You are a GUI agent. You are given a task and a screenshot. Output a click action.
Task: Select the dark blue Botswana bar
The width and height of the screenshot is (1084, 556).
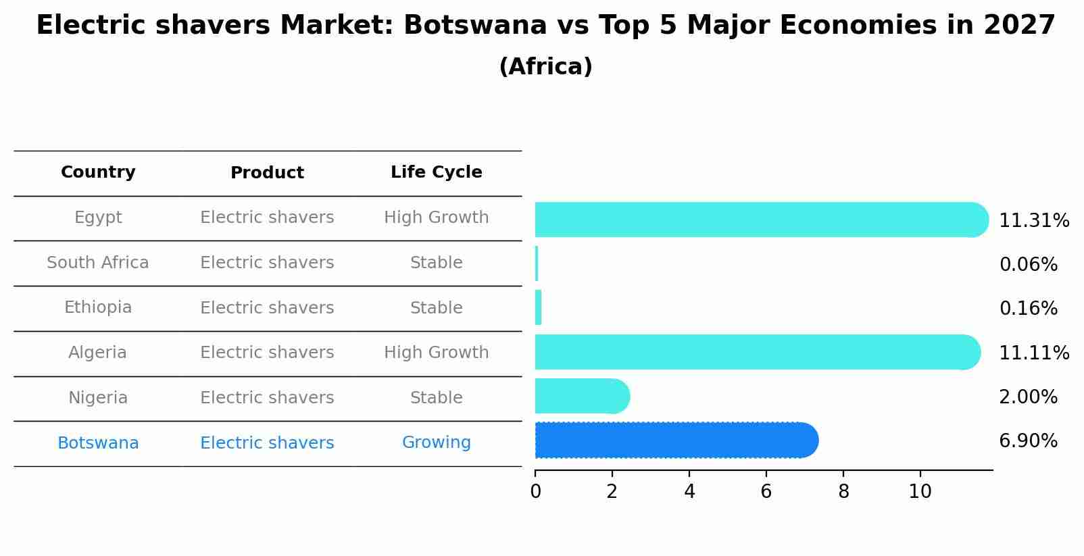676,440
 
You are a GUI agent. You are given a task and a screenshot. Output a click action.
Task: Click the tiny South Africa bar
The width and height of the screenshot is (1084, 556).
537,263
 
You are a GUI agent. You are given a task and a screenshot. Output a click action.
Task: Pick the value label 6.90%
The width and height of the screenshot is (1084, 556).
1028,441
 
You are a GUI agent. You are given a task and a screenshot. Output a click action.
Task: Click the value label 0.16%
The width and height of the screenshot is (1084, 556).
1028,309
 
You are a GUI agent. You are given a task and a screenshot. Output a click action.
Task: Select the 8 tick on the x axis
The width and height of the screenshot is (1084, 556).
843,492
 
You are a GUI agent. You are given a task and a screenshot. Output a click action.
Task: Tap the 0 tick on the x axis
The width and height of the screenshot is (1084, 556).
535,492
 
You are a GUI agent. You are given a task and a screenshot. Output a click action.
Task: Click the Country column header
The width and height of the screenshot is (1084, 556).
98,172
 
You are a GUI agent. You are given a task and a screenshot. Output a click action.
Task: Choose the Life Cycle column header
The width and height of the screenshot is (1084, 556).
436,172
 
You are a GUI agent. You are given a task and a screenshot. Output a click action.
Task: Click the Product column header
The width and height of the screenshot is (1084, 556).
267,173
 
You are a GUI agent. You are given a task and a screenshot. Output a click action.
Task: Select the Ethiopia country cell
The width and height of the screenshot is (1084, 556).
98,307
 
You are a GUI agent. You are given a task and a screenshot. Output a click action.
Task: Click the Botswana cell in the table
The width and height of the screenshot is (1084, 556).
98,443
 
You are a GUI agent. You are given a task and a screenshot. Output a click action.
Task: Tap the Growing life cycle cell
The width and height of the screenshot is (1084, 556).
436,443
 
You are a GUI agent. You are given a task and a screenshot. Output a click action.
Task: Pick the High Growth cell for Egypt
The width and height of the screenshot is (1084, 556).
436,218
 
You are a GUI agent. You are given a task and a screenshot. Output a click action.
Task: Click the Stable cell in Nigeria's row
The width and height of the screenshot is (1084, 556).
436,398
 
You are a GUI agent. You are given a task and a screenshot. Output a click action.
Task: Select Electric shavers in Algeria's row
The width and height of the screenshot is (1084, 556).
267,353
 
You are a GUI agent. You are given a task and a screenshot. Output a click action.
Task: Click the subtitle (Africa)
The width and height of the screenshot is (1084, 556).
545,67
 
